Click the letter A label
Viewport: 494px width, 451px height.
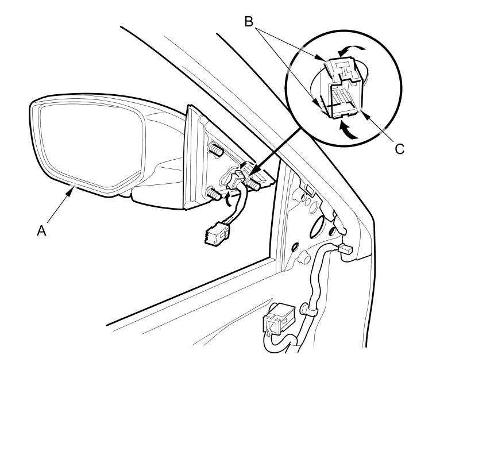41,230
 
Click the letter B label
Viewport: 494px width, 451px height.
249,22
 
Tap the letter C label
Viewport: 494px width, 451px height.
400,149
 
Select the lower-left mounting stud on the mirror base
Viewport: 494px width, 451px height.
213,194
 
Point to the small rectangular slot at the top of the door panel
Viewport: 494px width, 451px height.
308,187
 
